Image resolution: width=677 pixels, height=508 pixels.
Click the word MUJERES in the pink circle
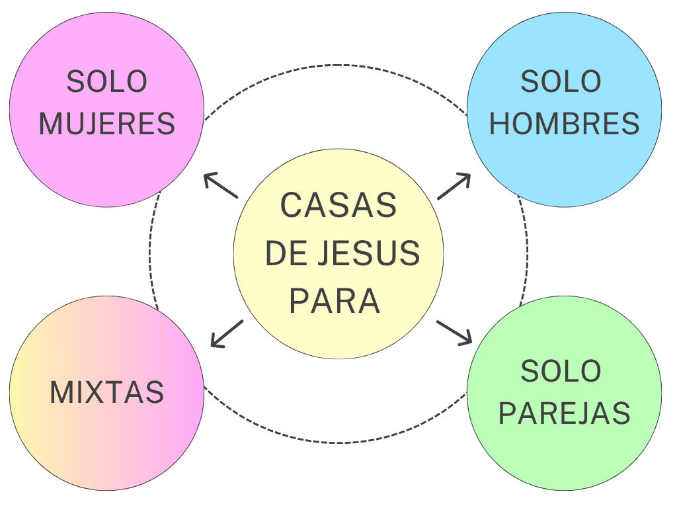click(x=106, y=124)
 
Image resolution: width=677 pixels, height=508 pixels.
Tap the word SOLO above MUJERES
click(x=106, y=81)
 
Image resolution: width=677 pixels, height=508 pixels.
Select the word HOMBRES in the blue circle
click(x=564, y=124)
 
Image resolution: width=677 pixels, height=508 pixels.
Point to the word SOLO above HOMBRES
click(x=561, y=81)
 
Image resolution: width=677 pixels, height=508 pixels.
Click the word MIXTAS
click(x=106, y=392)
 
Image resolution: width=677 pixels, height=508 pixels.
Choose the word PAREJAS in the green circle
click(x=565, y=413)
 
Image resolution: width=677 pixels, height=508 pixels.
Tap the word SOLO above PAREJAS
click(x=561, y=371)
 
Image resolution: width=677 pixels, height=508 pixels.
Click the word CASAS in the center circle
click(x=338, y=205)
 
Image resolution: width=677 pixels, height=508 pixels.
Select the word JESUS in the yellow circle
click(x=369, y=253)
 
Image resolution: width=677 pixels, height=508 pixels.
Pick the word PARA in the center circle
click(x=335, y=301)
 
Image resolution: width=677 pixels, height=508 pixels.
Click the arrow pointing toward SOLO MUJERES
click(x=221, y=185)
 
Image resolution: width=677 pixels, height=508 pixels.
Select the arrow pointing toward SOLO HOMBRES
click(x=454, y=187)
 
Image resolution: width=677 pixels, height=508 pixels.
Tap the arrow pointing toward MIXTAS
click(x=227, y=334)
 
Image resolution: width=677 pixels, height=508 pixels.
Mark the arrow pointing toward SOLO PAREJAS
click(x=454, y=333)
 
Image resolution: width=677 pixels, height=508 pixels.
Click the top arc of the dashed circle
click(x=338, y=65)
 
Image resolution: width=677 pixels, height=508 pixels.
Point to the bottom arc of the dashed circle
click(x=338, y=443)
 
